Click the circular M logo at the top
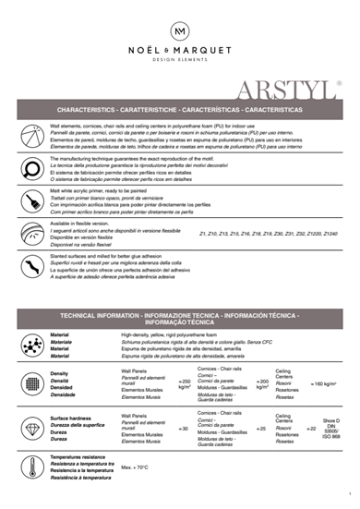tap(179, 31)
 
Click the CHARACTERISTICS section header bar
tap(180, 109)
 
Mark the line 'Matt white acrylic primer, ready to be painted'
tap(102, 188)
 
